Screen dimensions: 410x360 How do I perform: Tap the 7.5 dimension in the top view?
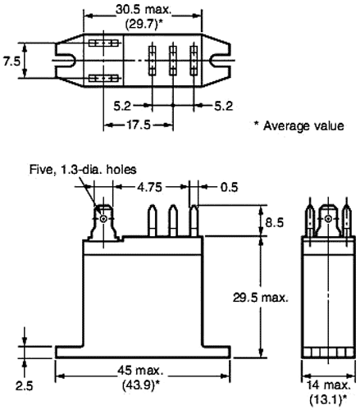coord(10,61)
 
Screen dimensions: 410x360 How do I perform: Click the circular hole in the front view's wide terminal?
coord(103,218)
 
